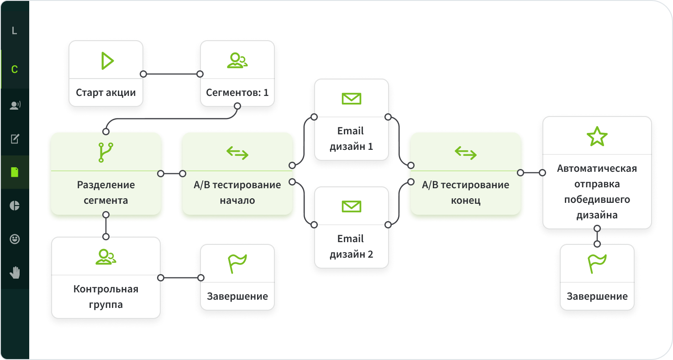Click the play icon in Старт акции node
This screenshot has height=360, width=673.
click(x=107, y=61)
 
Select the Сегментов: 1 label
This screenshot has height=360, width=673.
click(x=237, y=93)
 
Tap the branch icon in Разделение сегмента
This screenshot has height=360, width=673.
click(x=106, y=153)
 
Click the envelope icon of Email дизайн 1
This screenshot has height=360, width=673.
click(x=351, y=98)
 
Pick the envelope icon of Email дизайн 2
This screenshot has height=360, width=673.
click(x=351, y=206)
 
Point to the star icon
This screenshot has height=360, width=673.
click(x=597, y=136)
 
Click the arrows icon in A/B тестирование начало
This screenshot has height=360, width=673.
click(x=237, y=153)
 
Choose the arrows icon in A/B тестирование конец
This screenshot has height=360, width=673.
click(x=465, y=153)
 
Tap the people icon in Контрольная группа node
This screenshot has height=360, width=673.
click(x=106, y=257)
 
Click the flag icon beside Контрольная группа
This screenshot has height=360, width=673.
click(x=237, y=264)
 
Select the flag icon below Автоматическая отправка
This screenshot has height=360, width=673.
click(x=597, y=264)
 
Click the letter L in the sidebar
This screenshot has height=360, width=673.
click(x=14, y=31)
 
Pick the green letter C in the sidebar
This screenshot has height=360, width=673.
click(x=14, y=70)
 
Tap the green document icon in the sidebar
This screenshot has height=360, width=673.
click(x=15, y=172)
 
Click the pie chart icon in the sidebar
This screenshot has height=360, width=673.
click(x=15, y=206)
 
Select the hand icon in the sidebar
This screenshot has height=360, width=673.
click(x=15, y=273)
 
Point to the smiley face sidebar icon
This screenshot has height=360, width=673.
click(x=15, y=239)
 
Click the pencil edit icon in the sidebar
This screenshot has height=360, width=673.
click(x=15, y=138)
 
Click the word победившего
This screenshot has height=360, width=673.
click(x=597, y=200)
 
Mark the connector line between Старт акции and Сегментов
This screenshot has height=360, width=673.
click(x=171, y=74)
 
